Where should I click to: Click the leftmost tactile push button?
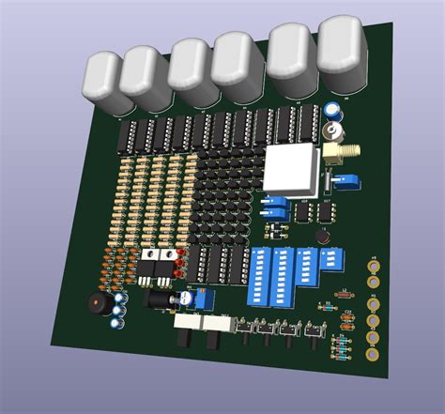[249, 329]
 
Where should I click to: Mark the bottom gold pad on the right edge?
[374, 356]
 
